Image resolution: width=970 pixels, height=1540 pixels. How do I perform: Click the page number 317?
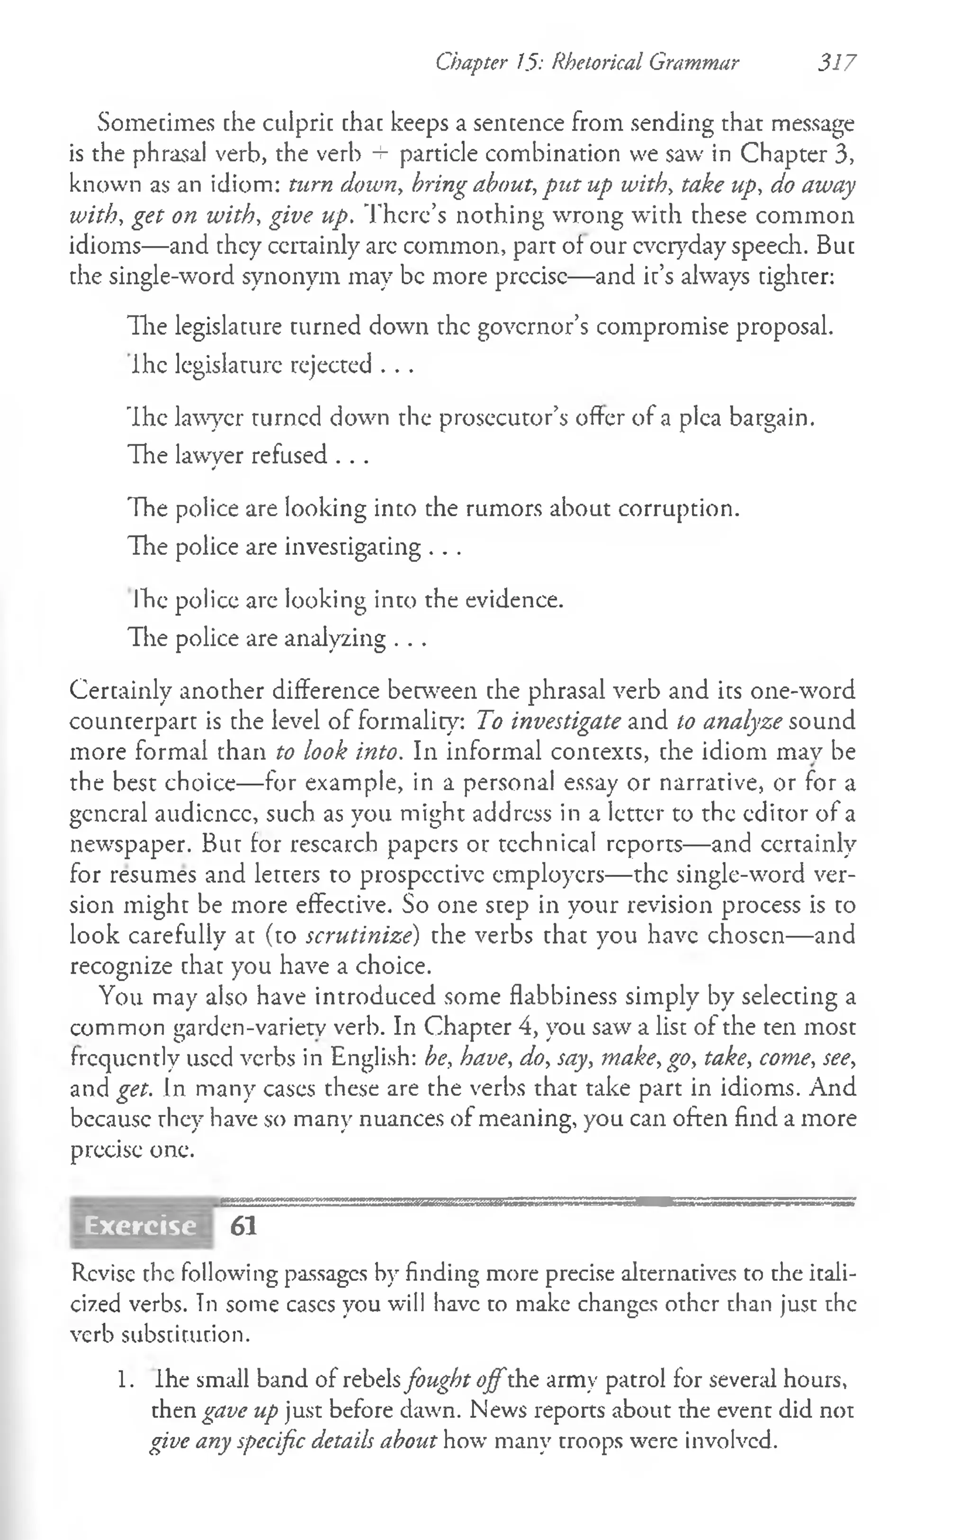[x=836, y=62]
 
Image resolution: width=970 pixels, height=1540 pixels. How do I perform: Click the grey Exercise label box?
[x=141, y=1225]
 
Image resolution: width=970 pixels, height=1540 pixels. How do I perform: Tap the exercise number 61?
[x=243, y=1225]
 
